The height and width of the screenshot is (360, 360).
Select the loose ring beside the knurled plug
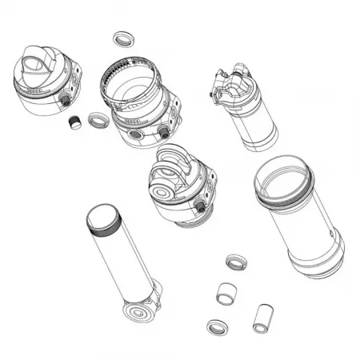[98, 121]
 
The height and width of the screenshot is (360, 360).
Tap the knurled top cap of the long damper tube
[102, 216]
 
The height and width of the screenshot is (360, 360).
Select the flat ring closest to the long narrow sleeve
[216, 327]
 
